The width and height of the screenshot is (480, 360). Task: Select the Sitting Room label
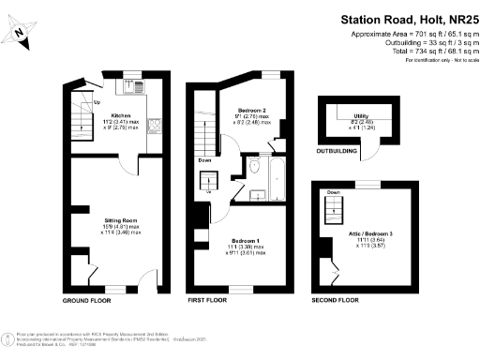tap(120, 221)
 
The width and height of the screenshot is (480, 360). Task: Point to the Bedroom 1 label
tap(239, 246)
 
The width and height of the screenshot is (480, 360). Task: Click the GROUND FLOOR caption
tap(86, 301)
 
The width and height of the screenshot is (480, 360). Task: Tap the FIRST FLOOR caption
tap(208, 301)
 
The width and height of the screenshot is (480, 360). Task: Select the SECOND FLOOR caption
tap(335, 301)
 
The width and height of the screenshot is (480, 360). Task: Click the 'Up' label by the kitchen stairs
tap(97, 103)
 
